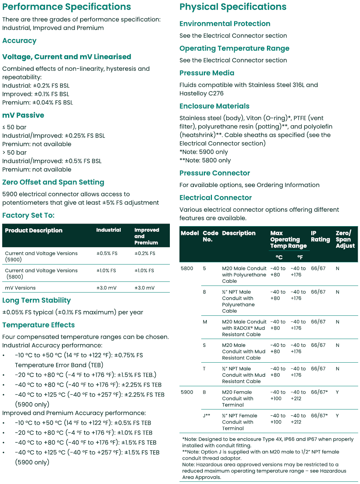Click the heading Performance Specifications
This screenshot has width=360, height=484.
[66, 7]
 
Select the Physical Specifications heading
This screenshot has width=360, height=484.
[233, 7]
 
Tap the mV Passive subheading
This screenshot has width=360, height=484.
[23, 115]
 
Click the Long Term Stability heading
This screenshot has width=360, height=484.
[37, 300]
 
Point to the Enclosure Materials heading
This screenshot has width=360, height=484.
[214, 106]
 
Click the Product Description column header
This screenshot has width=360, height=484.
[34, 231]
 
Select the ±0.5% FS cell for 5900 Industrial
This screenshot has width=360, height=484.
[107, 253]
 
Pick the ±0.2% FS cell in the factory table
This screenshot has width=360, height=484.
[145, 253]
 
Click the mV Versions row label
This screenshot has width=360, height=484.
[20, 288]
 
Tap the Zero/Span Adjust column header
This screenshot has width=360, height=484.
[345, 239]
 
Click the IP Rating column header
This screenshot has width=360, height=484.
[320, 236]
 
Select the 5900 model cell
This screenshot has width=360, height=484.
[187, 392]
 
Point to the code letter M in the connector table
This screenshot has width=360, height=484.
[205, 322]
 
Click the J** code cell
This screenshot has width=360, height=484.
[206, 416]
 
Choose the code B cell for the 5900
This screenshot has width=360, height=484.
[204, 392]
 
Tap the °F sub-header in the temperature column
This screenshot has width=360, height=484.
[300, 257]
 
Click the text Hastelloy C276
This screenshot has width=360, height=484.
[201, 93]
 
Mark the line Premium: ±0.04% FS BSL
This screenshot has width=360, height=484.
[38, 103]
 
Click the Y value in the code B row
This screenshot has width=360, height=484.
[337, 392]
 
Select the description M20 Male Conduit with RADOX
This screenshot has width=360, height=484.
[244, 328]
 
